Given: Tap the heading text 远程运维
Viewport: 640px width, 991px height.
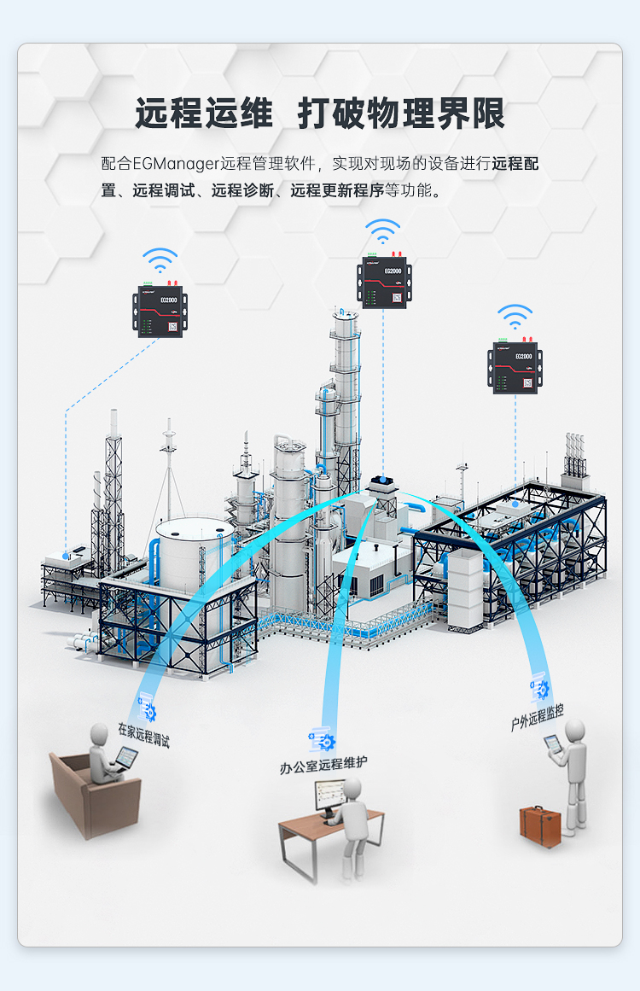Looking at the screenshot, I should click(x=204, y=114).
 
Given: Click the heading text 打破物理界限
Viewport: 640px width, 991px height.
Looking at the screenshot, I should click(x=401, y=114).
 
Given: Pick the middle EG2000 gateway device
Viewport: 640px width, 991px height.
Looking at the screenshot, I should click(x=383, y=281).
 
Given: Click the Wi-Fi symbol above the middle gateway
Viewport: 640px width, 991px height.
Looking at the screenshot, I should click(x=383, y=231).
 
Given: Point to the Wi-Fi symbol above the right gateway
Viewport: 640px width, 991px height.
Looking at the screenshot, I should click(x=515, y=317).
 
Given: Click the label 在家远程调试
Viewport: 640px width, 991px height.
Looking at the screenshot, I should click(x=143, y=735).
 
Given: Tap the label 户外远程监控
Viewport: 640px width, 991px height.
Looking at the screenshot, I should click(x=537, y=719).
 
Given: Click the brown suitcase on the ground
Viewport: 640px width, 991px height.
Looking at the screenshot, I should click(x=540, y=825).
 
